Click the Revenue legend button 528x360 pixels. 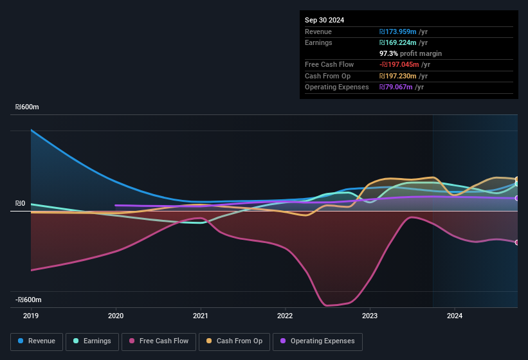(37, 341)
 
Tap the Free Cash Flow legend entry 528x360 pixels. (159, 341)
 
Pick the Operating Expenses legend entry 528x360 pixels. (317, 341)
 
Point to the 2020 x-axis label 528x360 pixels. (116, 316)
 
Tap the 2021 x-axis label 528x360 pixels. (201, 316)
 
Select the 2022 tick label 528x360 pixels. (285, 316)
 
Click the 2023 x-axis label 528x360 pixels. (370, 316)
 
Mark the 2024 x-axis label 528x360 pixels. (455, 316)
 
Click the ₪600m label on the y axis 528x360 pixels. (27, 107)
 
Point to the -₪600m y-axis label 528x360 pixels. (28, 300)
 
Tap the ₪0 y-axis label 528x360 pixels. (20, 204)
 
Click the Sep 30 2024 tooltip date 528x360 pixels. (325, 20)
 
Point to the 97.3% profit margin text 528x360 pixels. (410, 53)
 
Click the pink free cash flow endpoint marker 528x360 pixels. (517, 242)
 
